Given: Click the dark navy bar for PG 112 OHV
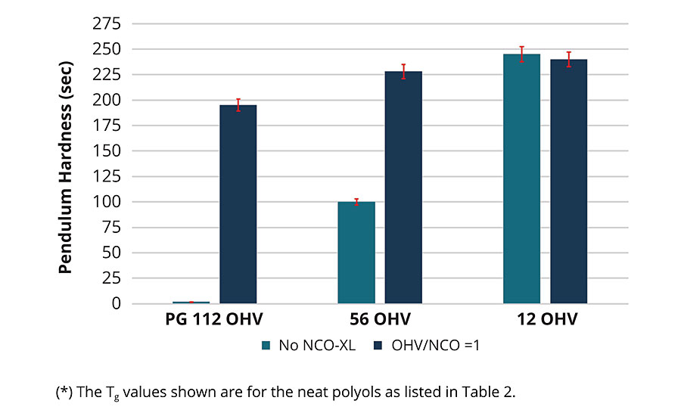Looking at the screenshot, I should (x=238, y=204).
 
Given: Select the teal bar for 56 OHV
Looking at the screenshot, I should (x=356, y=253).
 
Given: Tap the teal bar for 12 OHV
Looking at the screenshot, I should (x=521, y=179).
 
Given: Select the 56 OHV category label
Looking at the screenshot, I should (x=379, y=320).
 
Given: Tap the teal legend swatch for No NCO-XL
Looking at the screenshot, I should (x=266, y=346).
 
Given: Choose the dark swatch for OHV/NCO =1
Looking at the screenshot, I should (x=380, y=346).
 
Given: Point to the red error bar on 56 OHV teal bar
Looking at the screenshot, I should (x=356, y=201).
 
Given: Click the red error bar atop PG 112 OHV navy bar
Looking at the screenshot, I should (x=238, y=105).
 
